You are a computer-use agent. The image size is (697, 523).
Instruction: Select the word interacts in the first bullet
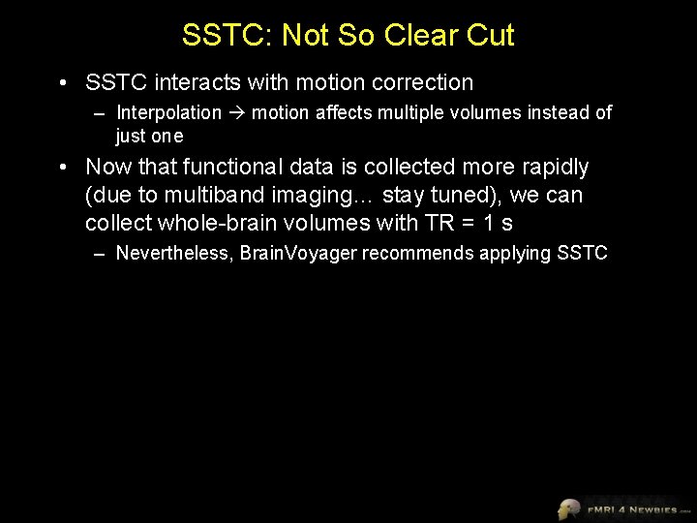186,83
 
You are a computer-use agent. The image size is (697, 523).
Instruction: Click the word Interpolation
168,113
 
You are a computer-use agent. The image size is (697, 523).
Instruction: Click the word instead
560,113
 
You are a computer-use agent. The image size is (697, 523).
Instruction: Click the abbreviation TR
438,223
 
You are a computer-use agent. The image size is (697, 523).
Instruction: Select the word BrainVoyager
299,254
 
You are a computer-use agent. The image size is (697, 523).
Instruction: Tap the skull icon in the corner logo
568,508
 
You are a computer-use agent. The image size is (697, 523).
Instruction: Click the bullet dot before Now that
63,168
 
